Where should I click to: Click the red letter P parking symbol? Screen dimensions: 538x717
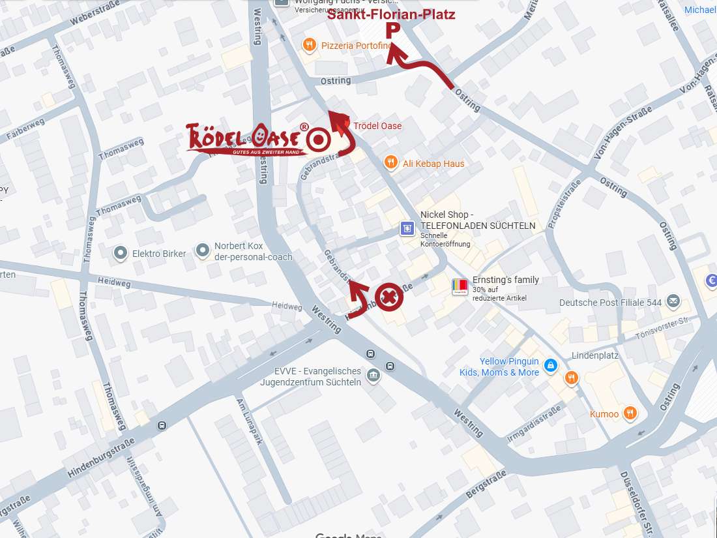tap(392, 31)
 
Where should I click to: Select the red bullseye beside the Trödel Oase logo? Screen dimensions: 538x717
tap(319, 139)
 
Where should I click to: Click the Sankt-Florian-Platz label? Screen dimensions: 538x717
tap(391, 14)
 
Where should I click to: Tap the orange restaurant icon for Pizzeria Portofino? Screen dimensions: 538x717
tap(309, 45)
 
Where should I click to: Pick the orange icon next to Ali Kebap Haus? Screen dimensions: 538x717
tap(390, 163)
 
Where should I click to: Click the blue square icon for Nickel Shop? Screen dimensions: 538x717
tap(407, 228)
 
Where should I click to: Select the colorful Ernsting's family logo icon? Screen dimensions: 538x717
tap(460, 286)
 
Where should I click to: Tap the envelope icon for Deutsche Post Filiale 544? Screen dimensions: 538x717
tap(673, 302)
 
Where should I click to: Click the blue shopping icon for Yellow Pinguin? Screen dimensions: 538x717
tap(551, 366)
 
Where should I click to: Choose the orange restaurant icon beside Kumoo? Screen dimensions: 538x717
tap(630, 413)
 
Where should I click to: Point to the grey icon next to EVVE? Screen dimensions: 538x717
tap(373, 375)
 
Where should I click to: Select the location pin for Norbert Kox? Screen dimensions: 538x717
tap(203, 249)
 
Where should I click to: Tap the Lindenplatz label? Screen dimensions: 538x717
tap(595, 356)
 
